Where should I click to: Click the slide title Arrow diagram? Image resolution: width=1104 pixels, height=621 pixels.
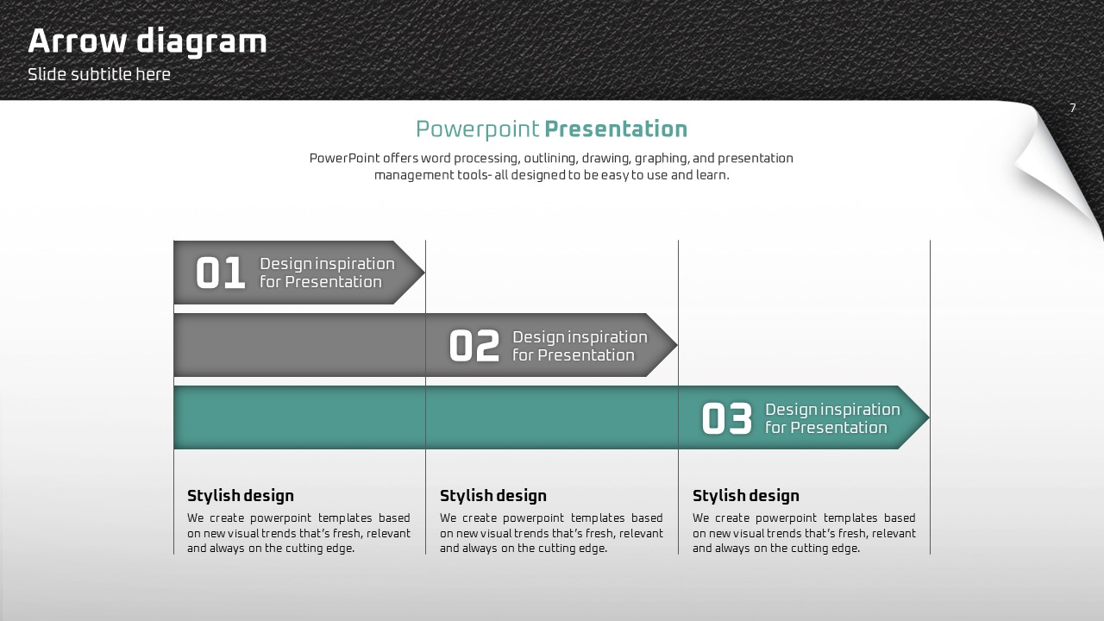(147, 41)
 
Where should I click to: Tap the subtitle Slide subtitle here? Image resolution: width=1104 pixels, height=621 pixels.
(99, 74)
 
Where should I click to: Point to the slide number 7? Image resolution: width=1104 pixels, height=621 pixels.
(1072, 108)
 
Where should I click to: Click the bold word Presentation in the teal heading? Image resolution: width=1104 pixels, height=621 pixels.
(616, 129)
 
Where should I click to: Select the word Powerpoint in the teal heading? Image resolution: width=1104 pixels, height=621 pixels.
(478, 129)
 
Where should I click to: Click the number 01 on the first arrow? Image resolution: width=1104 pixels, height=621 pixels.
(220, 273)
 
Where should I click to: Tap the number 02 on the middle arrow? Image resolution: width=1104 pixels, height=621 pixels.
(474, 346)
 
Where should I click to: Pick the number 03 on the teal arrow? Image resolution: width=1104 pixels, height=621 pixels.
(726, 418)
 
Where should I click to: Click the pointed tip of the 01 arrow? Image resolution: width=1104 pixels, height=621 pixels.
(424, 272)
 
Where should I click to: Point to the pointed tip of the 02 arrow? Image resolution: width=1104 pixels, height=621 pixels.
(677, 345)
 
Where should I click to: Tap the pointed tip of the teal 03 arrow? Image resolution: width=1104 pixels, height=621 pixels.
(929, 417)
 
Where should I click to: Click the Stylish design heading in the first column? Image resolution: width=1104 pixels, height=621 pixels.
(241, 495)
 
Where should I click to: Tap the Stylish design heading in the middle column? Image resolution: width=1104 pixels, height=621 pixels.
(492, 495)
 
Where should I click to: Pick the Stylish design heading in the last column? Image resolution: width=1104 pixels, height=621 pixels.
(746, 495)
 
